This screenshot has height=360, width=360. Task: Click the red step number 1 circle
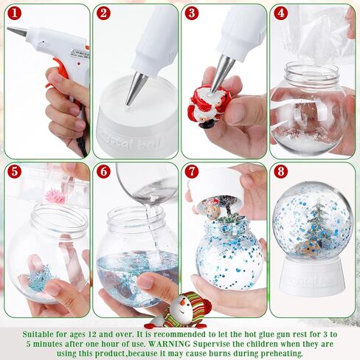tap(15, 13)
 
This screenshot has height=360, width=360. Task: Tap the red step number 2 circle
tap(104, 13)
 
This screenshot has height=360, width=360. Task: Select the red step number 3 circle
tap(193, 13)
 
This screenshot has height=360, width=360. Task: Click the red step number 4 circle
tap(281, 13)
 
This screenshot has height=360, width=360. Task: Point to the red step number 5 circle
tap(15, 171)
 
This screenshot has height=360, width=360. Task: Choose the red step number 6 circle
tap(104, 171)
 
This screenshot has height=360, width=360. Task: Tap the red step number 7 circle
tap(193, 171)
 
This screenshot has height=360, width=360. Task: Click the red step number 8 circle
tap(281, 171)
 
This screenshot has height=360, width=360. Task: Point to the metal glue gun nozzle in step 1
tap(17, 32)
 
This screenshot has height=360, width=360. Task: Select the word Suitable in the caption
tap(43, 333)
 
